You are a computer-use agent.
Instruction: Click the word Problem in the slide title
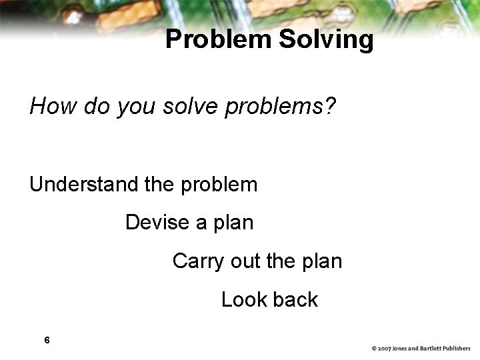[x=219, y=40]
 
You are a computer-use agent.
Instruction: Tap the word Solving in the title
[x=326, y=40]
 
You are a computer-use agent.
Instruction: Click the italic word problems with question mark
[x=280, y=106]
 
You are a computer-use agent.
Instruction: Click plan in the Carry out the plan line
[x=321, y=261]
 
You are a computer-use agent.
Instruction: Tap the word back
[x=295, y=300]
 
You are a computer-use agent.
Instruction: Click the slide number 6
[x=47, y=341]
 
